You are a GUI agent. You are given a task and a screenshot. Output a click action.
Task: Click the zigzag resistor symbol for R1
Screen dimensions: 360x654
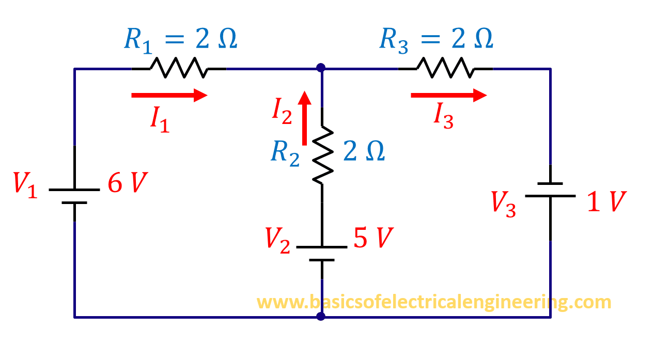tap(179, 68)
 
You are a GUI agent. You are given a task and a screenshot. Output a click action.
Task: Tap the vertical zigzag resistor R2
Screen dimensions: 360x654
tap(322, 154)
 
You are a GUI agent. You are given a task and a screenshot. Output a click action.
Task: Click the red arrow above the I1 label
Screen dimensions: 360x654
tap(169, 95)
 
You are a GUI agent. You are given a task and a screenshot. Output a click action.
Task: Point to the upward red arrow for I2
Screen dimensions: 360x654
tap(305, 118)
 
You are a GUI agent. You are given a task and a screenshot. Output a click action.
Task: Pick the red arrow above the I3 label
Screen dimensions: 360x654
tap(448, 95)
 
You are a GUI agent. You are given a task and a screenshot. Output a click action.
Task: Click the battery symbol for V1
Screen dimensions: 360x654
tap(74, 196)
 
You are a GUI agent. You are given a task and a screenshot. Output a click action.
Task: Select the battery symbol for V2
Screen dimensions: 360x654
tap(322, 253)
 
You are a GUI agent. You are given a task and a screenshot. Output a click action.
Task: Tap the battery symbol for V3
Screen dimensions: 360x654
tap(550, 190)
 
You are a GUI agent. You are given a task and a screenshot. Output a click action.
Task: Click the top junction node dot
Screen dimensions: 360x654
tap(321, 68)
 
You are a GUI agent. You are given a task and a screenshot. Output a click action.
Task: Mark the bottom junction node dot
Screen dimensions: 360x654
tap(321, 316)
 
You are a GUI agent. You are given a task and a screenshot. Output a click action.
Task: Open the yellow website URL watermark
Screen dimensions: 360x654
tap(433, 302)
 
